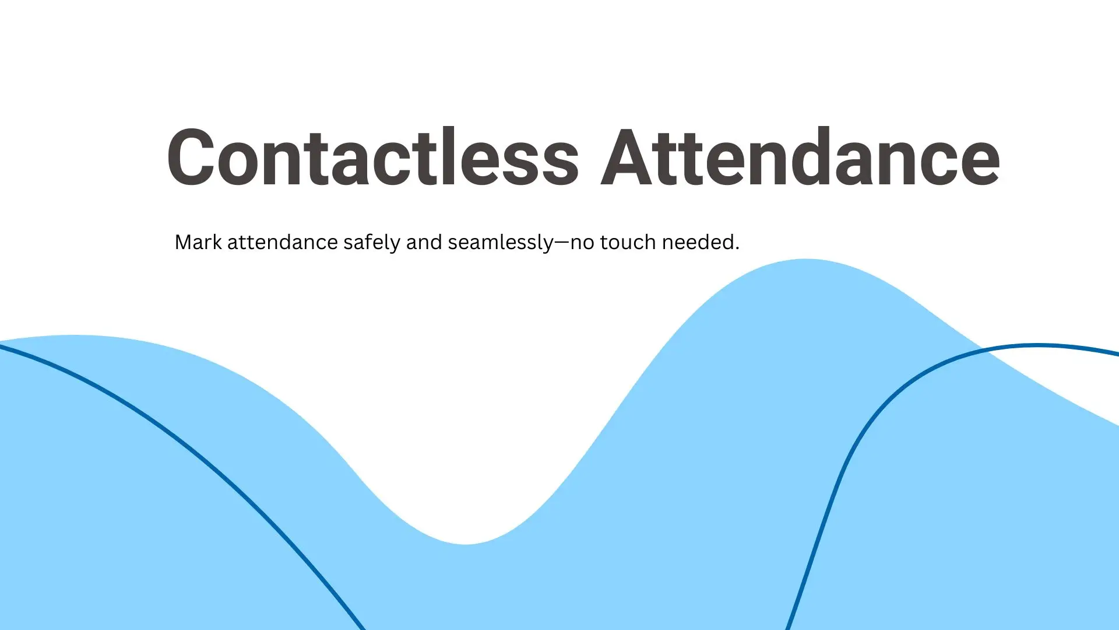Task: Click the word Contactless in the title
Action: pyautogui.click(x=373, y=157)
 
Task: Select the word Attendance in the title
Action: pyautogui.click(x=800, y=157)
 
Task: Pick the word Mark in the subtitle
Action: pyautogui.click(x=198, y=242)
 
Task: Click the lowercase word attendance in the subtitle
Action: pyautogui.click(x=283, y=242)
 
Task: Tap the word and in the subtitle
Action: pyautogui.click(x=424, y=242)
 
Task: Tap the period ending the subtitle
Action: pyautogui.click(x=737, y=249)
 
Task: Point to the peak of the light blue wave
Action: pyautogui.click(x=806, y=260)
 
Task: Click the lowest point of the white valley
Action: pyautogui.click(x=466, y=544)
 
